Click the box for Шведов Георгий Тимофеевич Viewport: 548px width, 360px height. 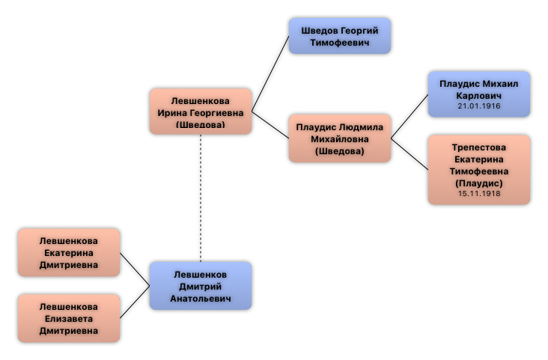340,36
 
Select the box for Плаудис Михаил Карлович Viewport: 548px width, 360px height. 478,94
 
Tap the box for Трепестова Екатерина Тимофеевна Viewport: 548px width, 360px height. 478,169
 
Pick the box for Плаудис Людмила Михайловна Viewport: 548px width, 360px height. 340,138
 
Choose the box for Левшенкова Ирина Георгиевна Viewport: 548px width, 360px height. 200,112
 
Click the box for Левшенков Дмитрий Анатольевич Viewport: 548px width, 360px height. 200,286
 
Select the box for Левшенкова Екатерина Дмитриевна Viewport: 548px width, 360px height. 69,253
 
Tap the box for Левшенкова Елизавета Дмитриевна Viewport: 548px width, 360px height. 69,318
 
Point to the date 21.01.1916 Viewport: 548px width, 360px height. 479,106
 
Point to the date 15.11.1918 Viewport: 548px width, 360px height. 479,194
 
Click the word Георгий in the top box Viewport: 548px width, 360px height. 356,30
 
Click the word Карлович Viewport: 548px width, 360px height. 479,95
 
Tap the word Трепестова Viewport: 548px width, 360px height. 479,147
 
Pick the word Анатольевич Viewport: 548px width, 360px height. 201,298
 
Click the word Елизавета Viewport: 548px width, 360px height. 69,318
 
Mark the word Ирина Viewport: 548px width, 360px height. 174,112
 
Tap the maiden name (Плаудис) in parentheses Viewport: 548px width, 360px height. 479,183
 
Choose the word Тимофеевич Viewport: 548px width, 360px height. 340,42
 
